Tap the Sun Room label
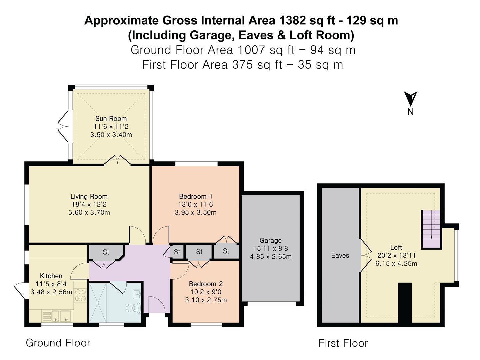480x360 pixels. [111, 119]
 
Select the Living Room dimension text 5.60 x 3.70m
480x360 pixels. [89, 213]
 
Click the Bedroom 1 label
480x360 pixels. [195, 196]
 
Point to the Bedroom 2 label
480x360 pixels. [206, 284]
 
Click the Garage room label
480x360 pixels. [270, 241]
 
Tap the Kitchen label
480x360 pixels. [51, 276]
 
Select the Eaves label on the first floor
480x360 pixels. [340, 256]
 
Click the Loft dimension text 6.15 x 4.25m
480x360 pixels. [396, 263]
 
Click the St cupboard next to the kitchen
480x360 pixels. [106, 252]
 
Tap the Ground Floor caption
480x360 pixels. [58, 343]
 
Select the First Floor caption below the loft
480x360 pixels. [343, 343]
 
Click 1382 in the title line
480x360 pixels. [292, 21]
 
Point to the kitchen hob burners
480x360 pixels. [80, 295]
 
